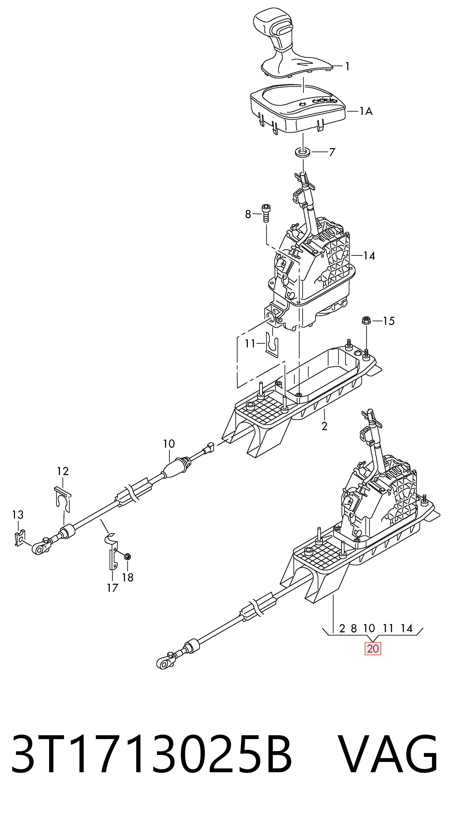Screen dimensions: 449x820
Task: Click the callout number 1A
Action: point(366,111)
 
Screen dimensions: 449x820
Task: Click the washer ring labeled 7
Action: point(303,152)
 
